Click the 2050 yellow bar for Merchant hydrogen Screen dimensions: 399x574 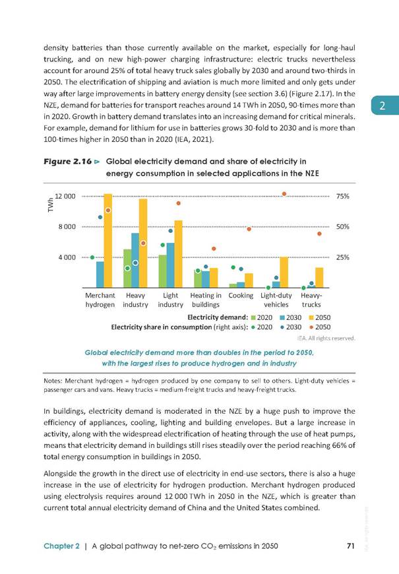click(x=108, y=241)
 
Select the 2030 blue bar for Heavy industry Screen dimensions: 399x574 click(x=135, y=260)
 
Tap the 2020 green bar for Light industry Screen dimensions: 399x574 click(x=162, y=271)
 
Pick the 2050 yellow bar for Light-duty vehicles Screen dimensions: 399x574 click(x=284, y=272)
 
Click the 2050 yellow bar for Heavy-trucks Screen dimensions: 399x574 click(x=319, y=278)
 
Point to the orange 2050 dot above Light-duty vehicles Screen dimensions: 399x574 click(x=284, y=194)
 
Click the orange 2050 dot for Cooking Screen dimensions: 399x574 click(x=249, y=229)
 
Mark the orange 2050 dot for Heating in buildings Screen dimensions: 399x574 click(x=214, y=249)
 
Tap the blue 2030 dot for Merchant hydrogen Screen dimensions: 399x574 click(x=100, y=217)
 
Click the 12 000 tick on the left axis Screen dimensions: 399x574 click(x=65, y=196)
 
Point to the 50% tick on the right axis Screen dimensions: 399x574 click(x=343, y=226)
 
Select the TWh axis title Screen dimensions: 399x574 click(x=51, y=205)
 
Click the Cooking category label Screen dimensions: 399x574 click(x=241, y=296)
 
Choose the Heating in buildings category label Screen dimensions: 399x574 click(x=206, y=300)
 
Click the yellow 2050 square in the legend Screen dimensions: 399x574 click(x=312, y=318)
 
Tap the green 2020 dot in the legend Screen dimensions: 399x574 click(x=253, y=327)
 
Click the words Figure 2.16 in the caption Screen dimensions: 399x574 click(x=68, y=162)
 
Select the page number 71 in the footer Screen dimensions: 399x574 click(x=351, y=546)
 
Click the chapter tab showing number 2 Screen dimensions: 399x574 click(x=385, y=106)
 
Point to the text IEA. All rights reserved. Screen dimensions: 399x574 click(x=326, y=338)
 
